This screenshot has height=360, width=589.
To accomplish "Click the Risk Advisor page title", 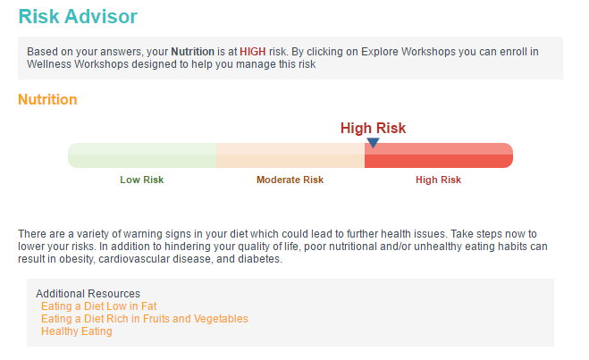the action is [x=78, y=16].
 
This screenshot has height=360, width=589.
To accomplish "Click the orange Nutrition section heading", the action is [x=47, y=99].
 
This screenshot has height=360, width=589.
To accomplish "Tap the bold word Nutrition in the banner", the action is [x=192, y=52].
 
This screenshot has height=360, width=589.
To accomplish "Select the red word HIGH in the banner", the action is [x=252, y=52].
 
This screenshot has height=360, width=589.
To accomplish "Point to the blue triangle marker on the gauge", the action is [x=373, y=143].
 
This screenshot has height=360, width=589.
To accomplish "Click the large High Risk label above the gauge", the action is [x=373, y=128].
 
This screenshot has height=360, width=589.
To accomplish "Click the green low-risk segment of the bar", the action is [x=142, y=155].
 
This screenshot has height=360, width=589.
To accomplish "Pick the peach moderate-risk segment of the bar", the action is [x=290, y=155].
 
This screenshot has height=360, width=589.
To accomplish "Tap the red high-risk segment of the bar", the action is [x=439, y=155].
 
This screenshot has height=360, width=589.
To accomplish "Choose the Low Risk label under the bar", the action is [x=142, y=180].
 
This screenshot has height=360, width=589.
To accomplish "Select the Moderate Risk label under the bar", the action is [x=290, y=180].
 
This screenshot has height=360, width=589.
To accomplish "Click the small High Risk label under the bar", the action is [x=438, y=180].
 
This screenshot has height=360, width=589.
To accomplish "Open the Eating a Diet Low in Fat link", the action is [x=99, y=306].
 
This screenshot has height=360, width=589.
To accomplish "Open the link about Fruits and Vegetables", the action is [x=145, y=319].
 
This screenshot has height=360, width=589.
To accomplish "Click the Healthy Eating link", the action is [x=77, y=331].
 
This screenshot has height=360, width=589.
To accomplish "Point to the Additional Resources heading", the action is [x=88, y=294].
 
